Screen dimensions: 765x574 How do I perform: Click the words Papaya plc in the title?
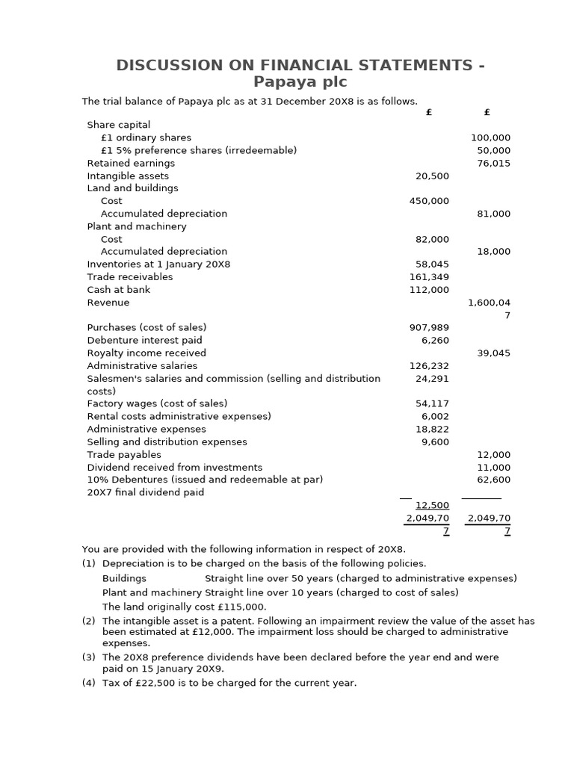[x=300, y=82]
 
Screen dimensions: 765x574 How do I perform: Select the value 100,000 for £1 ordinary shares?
[x=490, y=137]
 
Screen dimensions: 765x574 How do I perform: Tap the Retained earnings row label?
[x=131, y=163]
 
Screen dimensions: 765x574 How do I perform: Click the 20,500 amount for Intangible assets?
[x=432, y=176]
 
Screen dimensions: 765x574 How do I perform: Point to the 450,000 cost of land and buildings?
[x=429, y=201]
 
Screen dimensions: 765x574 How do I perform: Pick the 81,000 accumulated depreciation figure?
[x=493, y=214]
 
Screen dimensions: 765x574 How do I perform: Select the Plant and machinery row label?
[x=137, y=226]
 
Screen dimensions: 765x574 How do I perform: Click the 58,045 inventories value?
[x=432, y=264]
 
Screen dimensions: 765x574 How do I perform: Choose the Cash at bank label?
[x=119, y=290]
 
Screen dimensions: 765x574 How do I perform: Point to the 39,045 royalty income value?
[x=493, y=353]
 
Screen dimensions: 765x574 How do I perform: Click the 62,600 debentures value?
[x=493, y=480]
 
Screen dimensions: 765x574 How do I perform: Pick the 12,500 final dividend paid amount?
[x=432, y=505]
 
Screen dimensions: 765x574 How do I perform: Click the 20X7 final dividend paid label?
[x=145, y=492]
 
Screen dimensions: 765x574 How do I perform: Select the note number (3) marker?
[x=88, y=657]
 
